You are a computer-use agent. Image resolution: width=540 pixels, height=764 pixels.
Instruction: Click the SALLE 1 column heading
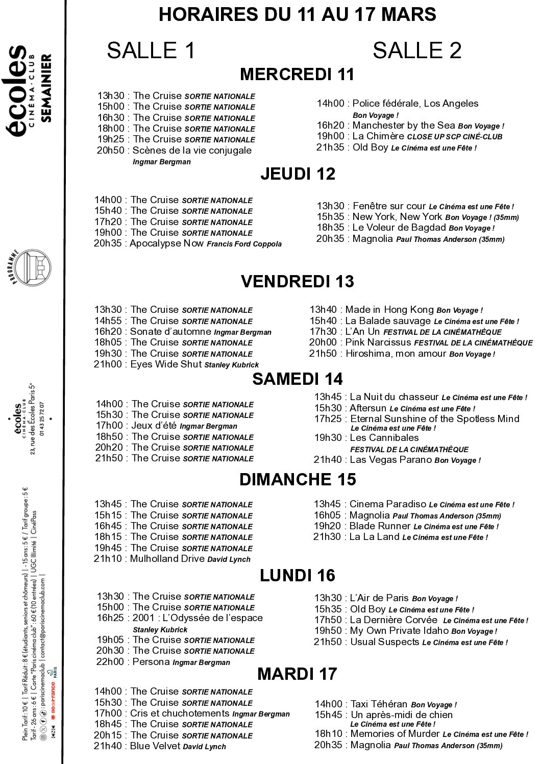151,51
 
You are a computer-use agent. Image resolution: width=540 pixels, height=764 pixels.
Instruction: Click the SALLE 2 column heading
417,51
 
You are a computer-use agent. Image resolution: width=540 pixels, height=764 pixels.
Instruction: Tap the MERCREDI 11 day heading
297,75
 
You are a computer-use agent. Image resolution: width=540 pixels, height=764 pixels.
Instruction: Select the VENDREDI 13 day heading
297,281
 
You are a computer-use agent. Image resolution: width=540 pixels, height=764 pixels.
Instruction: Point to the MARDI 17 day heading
297,674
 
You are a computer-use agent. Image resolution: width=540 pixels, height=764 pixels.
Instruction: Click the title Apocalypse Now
167,243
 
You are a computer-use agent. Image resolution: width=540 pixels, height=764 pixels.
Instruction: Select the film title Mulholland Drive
167,558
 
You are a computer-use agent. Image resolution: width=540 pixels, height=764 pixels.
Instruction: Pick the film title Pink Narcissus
378,342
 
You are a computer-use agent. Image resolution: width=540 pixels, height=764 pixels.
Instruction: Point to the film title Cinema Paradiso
388,504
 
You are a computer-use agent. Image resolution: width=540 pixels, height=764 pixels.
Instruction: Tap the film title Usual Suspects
385,642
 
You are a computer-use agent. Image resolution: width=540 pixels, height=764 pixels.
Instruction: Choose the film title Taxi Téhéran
379,704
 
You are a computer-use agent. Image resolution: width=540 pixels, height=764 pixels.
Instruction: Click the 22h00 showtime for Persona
110,661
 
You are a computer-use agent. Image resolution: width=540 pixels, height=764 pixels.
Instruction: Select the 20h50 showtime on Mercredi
111,150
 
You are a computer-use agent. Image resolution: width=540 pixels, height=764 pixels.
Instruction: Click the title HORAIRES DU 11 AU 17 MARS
297,14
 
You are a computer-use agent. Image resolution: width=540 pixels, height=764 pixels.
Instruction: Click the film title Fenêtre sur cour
389,206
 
